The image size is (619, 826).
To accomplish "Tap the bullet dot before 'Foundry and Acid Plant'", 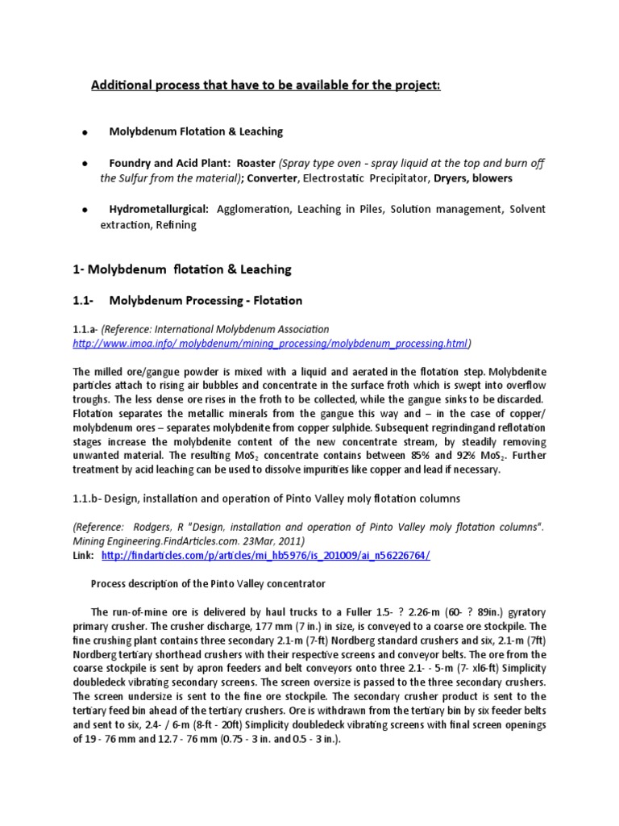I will pyautogui.click(x=84, y=164).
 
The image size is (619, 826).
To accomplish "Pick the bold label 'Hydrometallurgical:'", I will pyautogui.click(x=159, y=210).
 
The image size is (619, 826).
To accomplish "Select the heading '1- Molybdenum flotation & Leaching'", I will pyautogui.click(x=182, y=269).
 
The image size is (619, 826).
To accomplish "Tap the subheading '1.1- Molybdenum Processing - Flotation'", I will pyautogui.click(x=188, y=300).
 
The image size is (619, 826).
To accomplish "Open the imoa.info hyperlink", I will pyautogui.click(x=270, y=344).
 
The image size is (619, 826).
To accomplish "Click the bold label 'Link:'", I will pyautogui.click(x=82, y=557).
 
